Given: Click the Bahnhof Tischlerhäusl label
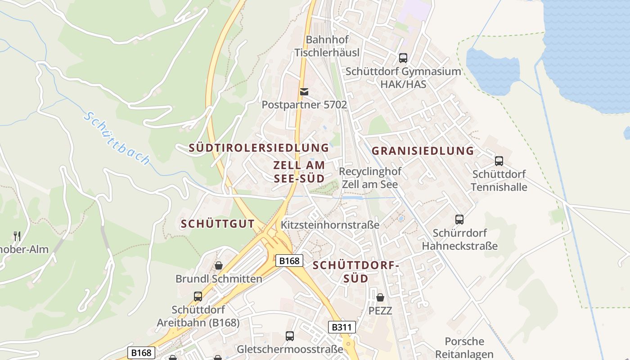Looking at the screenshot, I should pyautogui.click(x=327, y=46).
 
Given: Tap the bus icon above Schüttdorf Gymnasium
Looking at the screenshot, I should pyautogui.click(x=403, y=58).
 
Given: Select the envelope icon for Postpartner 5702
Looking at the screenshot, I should pyautogui.click(x=304, y=92).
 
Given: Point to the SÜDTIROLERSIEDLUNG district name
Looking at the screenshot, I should pyautogui.click(x=259, y=148).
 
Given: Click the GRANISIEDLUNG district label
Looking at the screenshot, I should pyautogui.click(x=423, y=151).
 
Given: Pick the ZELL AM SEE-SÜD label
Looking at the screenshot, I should pyautogui.click(x=299, y=171).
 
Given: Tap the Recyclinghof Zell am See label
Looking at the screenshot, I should pyautogui.click(x=370, y=178).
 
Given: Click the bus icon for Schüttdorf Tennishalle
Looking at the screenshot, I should pyautogui.click(x=499, y=161).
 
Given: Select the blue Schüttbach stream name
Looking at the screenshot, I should pyautogui.click(x=117, y=138).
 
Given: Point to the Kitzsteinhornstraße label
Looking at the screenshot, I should pyautogui.click(x=330, y=225).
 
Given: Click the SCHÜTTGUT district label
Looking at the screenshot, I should pyautogui.click(x=218, y=224).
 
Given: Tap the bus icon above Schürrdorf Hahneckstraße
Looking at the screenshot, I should pyautogui.click(x=459, y=220).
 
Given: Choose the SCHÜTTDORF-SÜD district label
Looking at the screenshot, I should pyautogui.click(x=356, y=272).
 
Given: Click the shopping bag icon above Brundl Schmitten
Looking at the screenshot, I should pyautogui.click(x=219, y=265).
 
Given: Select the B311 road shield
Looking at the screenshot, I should pyautogui.click(x=342, y=327).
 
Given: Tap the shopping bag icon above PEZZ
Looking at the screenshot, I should pyautogui.click(x=380, y=297).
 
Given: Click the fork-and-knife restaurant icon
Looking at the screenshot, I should pyautogui.click(x=17, y=236).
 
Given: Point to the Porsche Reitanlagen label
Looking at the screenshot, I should pyautogui.click(x=464, y=348).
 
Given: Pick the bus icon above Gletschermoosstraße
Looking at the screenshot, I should pyautogui.click(x=290, y=336).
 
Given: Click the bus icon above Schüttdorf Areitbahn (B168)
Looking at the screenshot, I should pyautogui.click(x=198, y=297).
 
